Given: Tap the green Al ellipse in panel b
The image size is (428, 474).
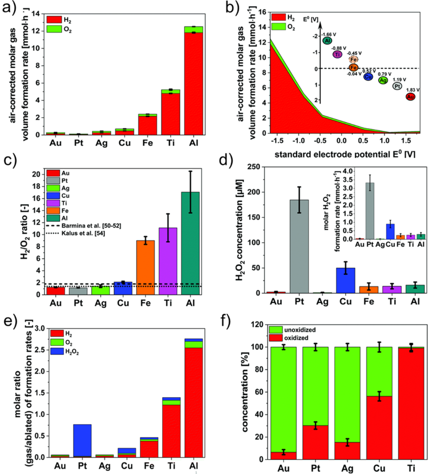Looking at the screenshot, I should tap(327, 41).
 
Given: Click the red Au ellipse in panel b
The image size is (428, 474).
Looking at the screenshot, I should tap(410, 97).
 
